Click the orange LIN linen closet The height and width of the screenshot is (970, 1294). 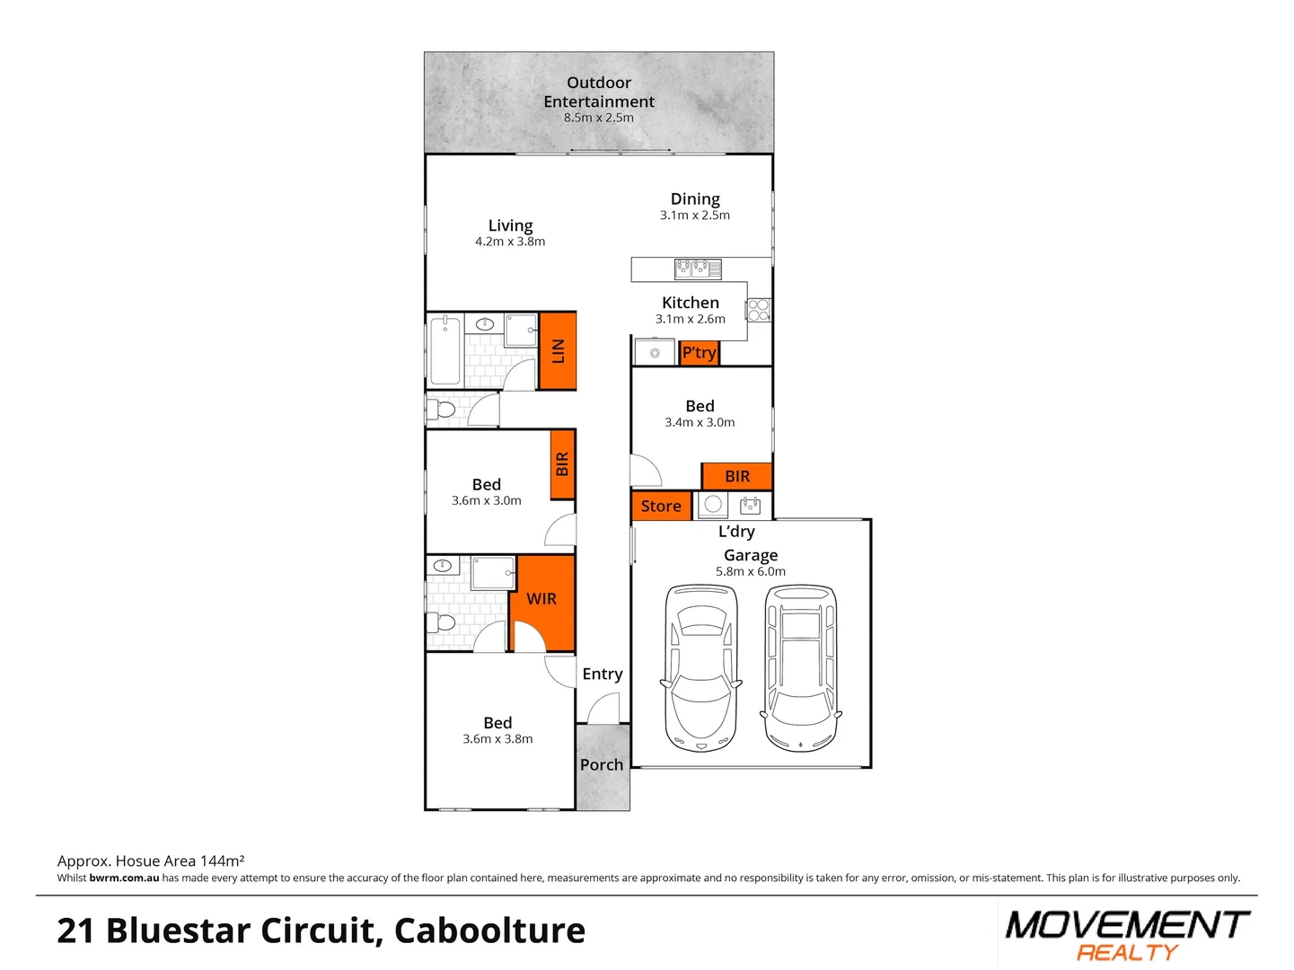[557, 350]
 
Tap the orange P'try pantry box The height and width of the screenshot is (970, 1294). [699, 353]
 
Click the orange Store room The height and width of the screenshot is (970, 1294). [661, 507]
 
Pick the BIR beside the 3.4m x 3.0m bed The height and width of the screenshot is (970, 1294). [736, 477]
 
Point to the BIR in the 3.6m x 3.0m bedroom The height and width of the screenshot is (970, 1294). [562, 464]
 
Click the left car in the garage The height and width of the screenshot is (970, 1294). [700, 668]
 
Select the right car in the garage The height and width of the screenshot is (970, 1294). [801, 668]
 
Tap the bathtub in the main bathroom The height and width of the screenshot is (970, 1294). [445, 350]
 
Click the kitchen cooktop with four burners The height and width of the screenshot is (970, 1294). [759, 310]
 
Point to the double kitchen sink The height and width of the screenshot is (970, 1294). [698, 268]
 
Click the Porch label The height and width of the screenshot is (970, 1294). [602, 765]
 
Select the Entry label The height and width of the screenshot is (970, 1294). [602, 675]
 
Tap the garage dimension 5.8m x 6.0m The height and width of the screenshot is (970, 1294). [751, 572]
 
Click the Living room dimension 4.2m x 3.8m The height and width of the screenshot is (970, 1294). [510, 242]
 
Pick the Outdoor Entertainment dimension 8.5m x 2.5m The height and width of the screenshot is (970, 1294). [599, 118]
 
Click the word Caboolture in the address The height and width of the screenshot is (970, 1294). [489, 930]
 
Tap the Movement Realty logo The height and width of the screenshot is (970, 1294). [1127, 935]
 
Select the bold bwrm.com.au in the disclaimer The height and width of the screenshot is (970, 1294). [124, 878]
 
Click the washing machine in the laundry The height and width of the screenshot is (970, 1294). [713, 505]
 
